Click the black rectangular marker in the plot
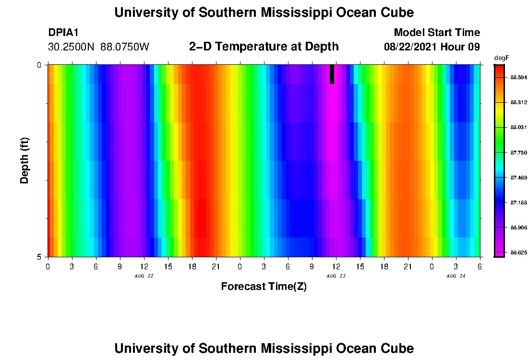pyautogui.click(x=332, y=74)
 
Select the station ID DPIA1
pyautogui.click(x=63, y=33)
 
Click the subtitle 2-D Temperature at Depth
pyautogui.click(x=264, y=47)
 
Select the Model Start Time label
pyautogui.click(x=436, y=33)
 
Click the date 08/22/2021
pyautogui.click(x=411, y=47)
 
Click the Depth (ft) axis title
pyautogui.click(x=25, y=160)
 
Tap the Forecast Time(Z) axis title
pyautogui.click(x=264, y=287)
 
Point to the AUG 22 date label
pyautogui.click(x=144, y=276)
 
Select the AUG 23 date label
pyautogui.click(x=336, y=276)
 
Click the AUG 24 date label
pyautogui.click(x=456, y=276)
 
